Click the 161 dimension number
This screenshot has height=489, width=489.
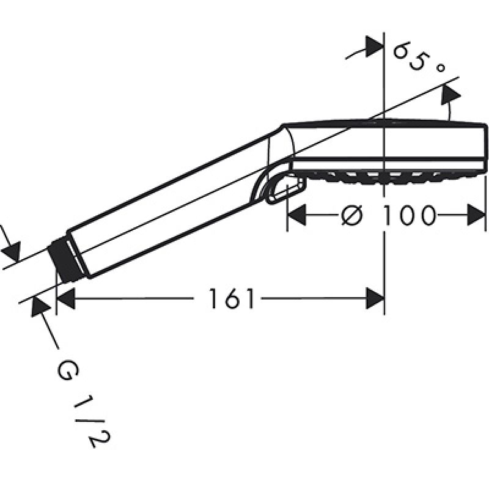pyautogui.click(x=230, y=298)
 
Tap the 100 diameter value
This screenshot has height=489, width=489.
pyautogui.click(x=408, y=215)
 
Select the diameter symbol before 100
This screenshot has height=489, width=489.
pyautogui.click(x=351, y=215)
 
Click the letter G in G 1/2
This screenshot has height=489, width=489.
pyautogui.click(x=68, y=370)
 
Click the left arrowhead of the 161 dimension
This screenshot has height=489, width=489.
pyautogui.click(x=66, y=298)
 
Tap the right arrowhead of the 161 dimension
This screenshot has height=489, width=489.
pyautogui.click(x=375, y=298)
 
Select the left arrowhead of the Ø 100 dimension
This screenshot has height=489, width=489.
pyautogui.click(x=296, y=215)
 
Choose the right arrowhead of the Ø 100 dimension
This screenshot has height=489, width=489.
pyautogui.click(x=476, y=215)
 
